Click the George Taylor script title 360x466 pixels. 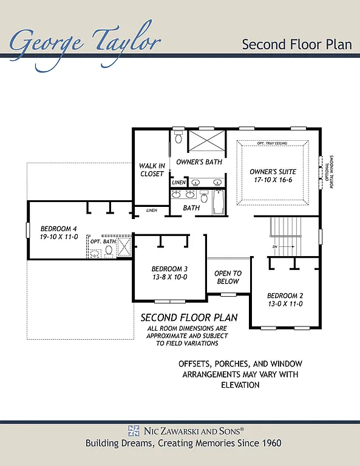pyautogui.click(x=85, y=41)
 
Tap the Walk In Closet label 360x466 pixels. pyautogui.click(x=151, y=170)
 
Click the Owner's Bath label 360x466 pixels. pyautogui.click(x=199, y=162)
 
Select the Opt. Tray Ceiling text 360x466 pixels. pyautogui.click(x=273, y=143)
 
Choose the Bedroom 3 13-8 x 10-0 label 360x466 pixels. pyautogui.click(x=169, y=272)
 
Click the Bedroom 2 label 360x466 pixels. pyautogui.click(x=285, y=300)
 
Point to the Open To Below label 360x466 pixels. pyautogui.click(x=228, y=277)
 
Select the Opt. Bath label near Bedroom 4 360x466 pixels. pyautogui.click(x=103, y=241)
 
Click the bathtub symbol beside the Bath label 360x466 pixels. pyautogui.click(x=220, y=201)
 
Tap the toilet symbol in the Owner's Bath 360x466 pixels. pyautogui.click(x=178, y=137)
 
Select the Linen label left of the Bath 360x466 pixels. pyautogui.click(x=151, y=211)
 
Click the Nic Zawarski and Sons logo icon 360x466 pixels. pyautogui.click(x=134, y=431)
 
